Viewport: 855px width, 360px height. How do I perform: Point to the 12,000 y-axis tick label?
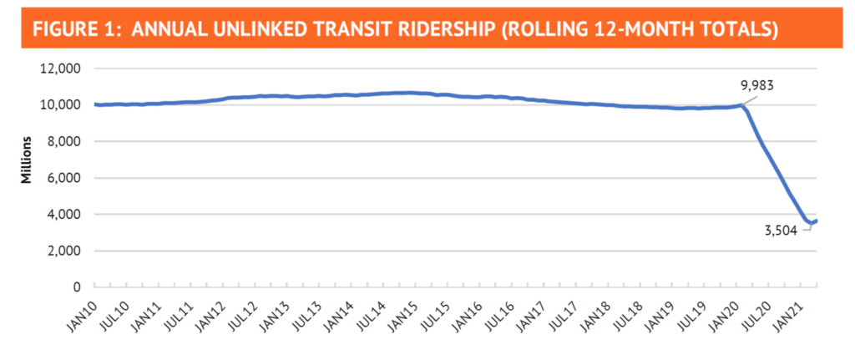point(60,69)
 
